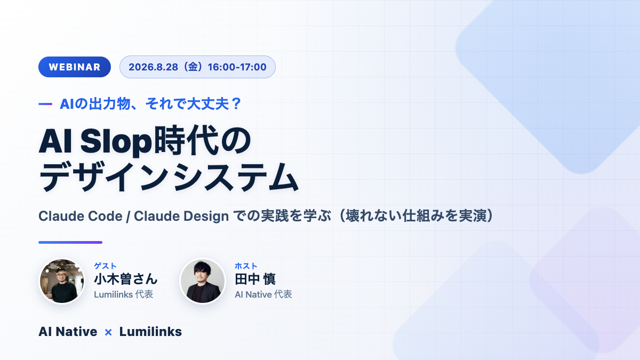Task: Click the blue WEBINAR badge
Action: (x=75, y=67)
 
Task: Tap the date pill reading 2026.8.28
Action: (x=197, y=67)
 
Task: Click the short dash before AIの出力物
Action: (x=45, y=104)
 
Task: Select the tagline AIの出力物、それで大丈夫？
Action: (x=150, y=103)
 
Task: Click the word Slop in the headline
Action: (x=116, y=141)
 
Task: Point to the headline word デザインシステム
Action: (x=169, y=177)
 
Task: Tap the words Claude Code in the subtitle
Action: (x=81, y=216)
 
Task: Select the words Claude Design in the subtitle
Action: (x=181, y=217)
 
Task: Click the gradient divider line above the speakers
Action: (x=70, y=242)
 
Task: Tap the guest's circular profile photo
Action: (x=62, y=281)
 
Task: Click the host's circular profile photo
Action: (x=203, y=281)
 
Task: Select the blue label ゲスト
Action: (x=105, y=266)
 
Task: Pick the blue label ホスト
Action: (x=246, y=266)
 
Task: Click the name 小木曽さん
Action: (x=126, y=279)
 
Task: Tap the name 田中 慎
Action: (x=255, y=279)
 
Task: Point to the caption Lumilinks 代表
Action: (x=123, y=294)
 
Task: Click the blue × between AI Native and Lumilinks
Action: (x=108, y=332)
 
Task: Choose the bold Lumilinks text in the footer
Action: (x=150, y=332)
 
